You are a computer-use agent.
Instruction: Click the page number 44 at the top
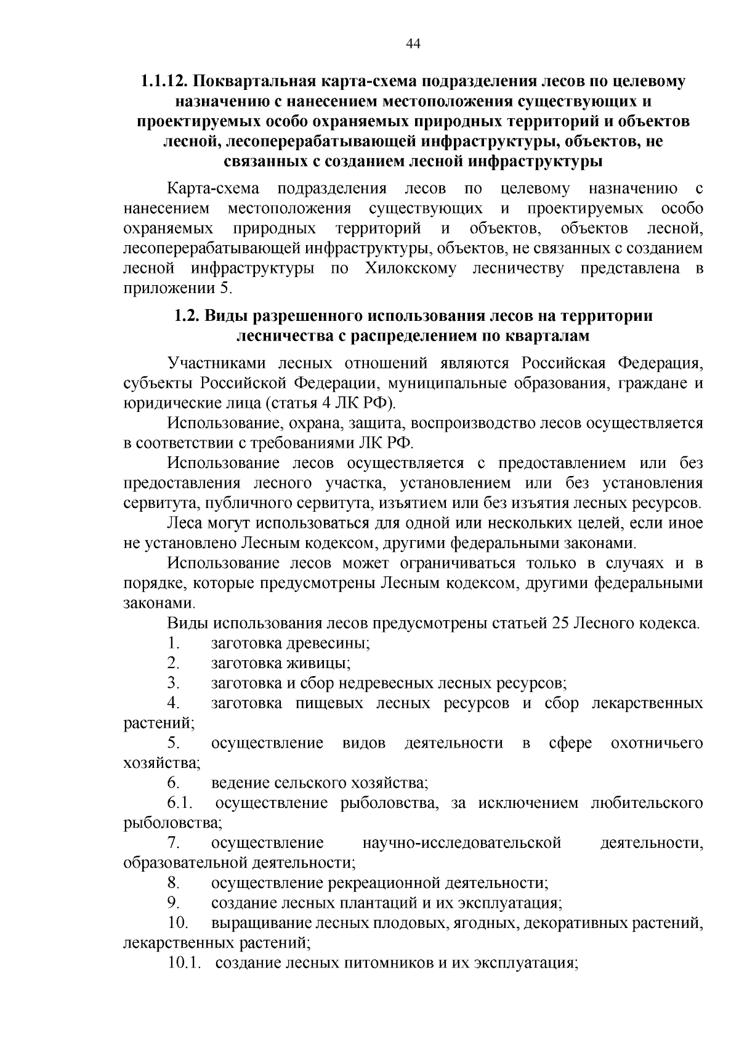[x=413, y=43]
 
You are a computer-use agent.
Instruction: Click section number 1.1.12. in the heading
[x=164, y=81]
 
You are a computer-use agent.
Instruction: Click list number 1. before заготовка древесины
[x=173, y=644]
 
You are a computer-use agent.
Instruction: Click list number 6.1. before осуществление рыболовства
[x=179, y=803]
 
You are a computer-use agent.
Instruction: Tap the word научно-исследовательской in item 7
[x=462, y=843]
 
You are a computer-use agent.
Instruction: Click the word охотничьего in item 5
[x=656, y=743]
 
